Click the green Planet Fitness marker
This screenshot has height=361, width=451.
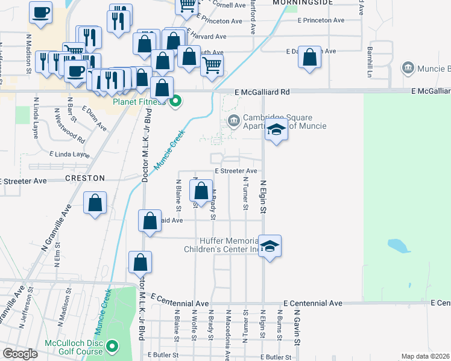coord(175,101)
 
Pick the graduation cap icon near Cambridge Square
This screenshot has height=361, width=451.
coord(276,130)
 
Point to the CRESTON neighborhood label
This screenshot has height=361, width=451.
coord(86,179)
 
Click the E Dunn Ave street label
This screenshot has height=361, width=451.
coord(95,119)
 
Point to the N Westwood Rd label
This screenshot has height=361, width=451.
coord(69,126)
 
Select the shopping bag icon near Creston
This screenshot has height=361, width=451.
coord(95,203)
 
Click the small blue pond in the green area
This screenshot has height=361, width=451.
coord(398,245)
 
